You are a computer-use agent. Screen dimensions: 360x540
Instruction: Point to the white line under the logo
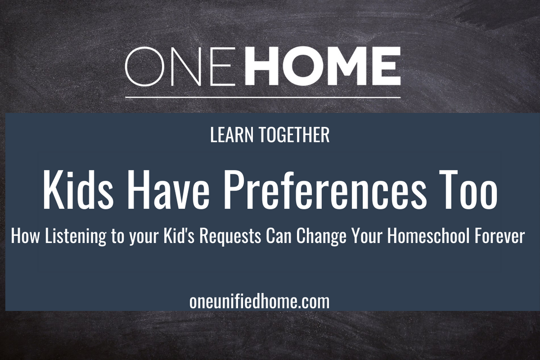coord(263,97)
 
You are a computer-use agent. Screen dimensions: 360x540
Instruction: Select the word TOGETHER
coord(292,136)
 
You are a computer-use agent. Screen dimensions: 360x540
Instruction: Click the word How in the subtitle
coord(24,237)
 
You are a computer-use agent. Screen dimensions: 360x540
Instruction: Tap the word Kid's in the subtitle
coord(195,237)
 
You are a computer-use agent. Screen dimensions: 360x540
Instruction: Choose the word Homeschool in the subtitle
coord(428,237)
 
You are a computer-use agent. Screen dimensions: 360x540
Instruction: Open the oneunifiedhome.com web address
coord(259,301)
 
